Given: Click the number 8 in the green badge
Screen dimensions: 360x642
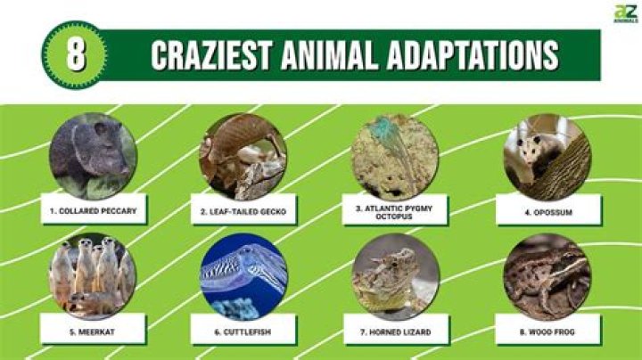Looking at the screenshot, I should click(x=76, y=54).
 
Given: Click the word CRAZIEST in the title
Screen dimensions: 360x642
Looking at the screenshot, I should click(x=210, y=55).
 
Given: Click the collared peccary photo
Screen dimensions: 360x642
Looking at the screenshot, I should click(x=93, y=155).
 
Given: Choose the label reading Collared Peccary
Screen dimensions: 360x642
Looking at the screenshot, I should click(x=94, y=212).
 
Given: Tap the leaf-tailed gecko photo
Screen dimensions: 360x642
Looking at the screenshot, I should click(x=243, y=156).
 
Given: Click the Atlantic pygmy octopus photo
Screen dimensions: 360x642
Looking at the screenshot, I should click(x=394, y=157).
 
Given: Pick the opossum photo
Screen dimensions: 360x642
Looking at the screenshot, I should click(x=546, y=157).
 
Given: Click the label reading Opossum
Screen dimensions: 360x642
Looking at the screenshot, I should click(x=546, y=212).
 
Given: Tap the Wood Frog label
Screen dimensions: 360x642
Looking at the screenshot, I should click(x=546, y=331).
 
